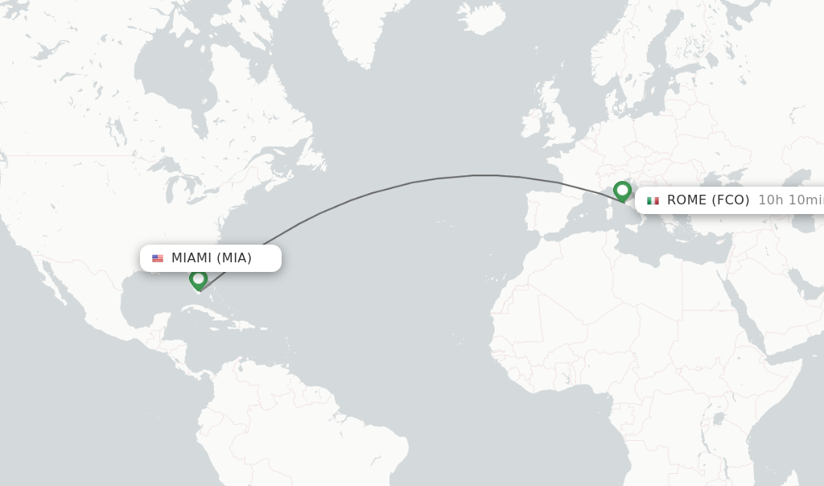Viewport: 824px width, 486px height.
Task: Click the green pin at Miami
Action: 198,278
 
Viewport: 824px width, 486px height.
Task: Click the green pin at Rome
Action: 622,191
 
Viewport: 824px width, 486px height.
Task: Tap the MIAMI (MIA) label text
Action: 212,257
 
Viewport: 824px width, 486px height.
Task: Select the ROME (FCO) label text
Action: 708,200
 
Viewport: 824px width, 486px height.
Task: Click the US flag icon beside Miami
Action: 158,258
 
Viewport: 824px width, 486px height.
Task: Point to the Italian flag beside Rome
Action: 653,200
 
